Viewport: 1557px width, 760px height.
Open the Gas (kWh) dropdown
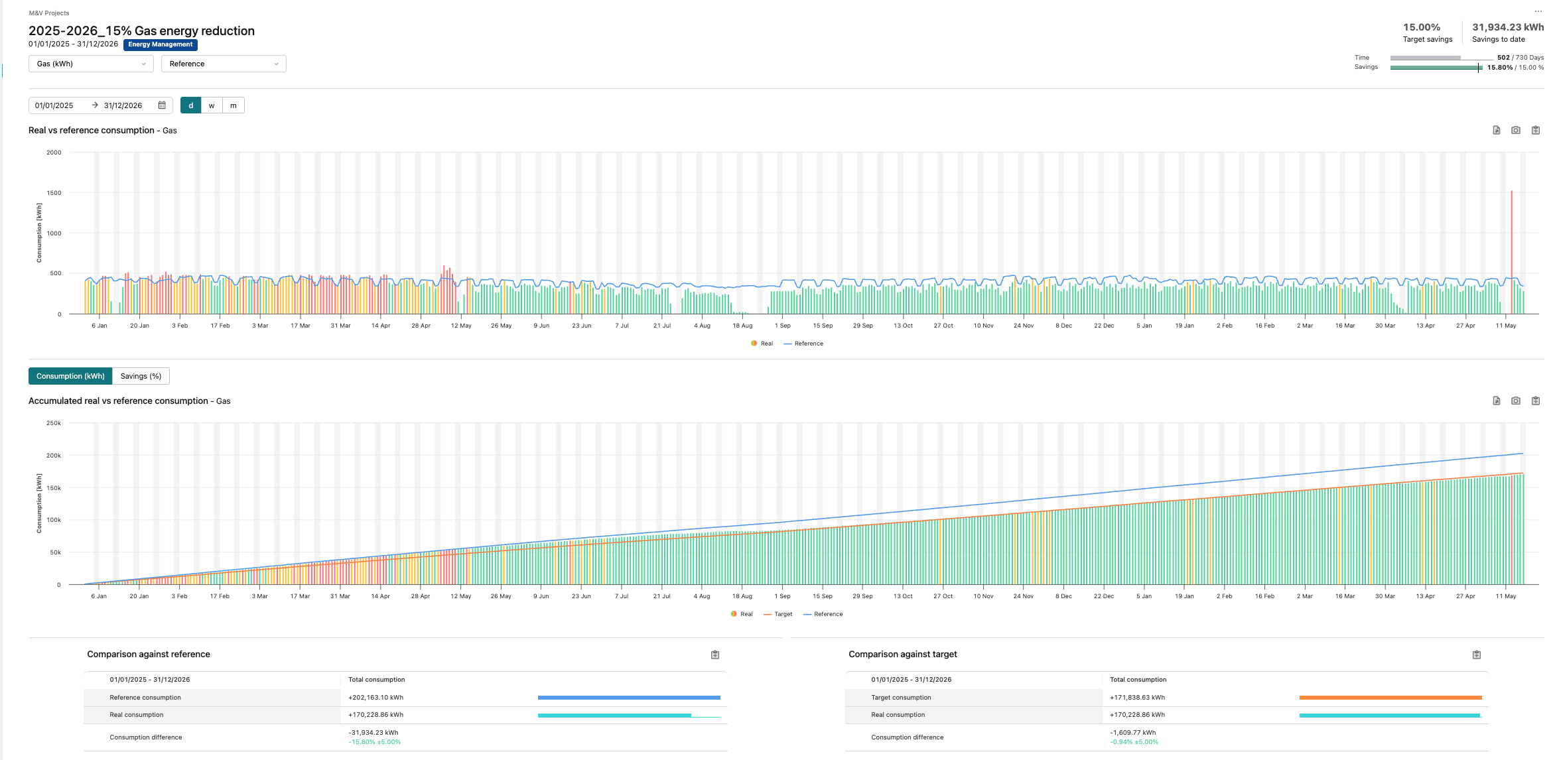point(91,64)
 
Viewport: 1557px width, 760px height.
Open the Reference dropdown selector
point(224,64)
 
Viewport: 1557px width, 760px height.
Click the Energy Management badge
point(161,44)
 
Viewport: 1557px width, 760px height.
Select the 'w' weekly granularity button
point(212,105)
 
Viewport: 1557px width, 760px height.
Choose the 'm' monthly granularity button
point(234,105)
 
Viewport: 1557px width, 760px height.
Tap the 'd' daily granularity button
point(191,105)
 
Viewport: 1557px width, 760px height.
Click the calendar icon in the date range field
point(162,105)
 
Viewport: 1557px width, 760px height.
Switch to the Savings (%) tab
point(141,376)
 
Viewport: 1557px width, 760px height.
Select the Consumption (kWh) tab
point(70,376)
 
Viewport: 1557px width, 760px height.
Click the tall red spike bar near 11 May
point(1512,252)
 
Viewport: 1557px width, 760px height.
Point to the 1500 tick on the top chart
point(54,193)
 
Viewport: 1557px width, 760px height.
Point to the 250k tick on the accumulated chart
point(54,423)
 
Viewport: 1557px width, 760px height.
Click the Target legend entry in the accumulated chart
point(778,614)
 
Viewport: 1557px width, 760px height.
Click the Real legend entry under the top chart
point(762,344)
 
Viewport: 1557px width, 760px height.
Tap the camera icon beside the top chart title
point(1516,130)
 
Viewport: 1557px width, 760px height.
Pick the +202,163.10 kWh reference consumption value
point(376,698)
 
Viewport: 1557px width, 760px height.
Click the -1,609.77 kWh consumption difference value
point(1133,733)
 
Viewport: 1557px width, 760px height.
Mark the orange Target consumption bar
point(1390,698)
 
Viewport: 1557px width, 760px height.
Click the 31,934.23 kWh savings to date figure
point(1507,27)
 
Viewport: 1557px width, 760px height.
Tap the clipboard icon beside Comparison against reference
point(715,655)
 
